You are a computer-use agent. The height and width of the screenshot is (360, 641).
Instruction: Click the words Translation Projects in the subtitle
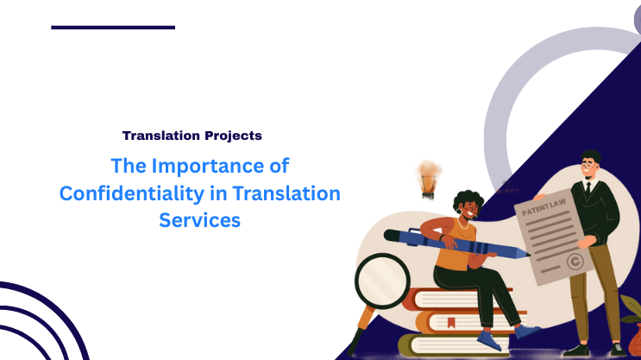pyautogui.click(x=192, y=136)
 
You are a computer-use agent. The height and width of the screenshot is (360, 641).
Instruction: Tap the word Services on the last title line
pyautogui.click(x=198, y=221)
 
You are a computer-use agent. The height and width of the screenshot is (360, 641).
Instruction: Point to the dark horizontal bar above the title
pyautogui.click(x=113, y=28)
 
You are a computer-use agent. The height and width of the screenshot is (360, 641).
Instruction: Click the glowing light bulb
pyautogui.click(x=426, y=177)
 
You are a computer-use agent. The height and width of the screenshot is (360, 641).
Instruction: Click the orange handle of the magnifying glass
pyautogui.click(x=356, y=332)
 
